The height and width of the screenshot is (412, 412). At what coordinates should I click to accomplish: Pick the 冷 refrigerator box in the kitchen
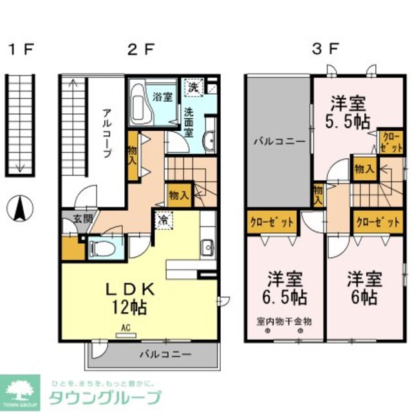pyautogui.click(x=163, y=219)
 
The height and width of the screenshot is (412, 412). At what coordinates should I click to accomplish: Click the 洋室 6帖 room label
pyautogui.click(x=364, y=289)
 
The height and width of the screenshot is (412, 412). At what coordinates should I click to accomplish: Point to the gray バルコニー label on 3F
pyautogui.click(x=274, y=140)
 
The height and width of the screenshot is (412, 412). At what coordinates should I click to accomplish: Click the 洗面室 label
pyautogui.click(x=189, y=120)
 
